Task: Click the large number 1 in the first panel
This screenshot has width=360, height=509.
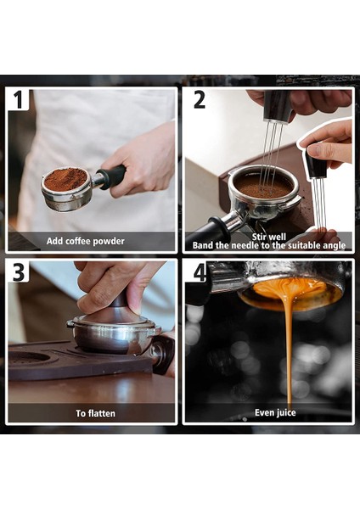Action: [18, 99]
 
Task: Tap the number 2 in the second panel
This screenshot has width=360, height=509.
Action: [200, 99]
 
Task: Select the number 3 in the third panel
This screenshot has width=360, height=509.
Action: [19, 271]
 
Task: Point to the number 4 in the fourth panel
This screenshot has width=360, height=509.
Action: [200, 272]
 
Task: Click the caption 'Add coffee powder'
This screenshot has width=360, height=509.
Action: [86, 241]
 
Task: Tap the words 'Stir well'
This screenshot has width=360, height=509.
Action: [268, 237]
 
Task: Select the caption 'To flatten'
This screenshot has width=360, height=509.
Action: [96, 413]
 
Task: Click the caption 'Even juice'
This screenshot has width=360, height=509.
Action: [275, 412]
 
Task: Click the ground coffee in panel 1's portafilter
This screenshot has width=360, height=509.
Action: [65, 179]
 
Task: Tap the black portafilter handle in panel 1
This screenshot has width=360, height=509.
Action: [112, 177]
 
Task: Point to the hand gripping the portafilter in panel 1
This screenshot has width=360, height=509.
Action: [140, 160]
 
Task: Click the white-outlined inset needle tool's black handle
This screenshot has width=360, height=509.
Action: [317, 165]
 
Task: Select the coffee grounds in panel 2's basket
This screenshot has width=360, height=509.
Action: [263, 187]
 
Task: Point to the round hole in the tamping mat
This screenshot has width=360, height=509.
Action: [30, 358]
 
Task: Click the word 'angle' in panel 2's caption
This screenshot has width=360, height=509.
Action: [333, 246]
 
